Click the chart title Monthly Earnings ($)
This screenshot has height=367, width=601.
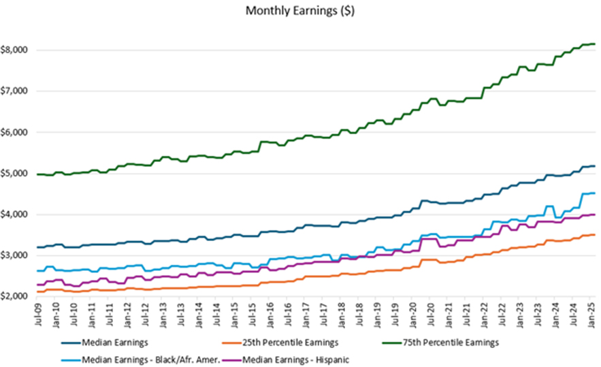click(x=300, y=11)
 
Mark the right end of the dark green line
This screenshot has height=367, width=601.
click(x=595, y=44)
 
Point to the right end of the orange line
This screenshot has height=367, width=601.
click(x=595, y=235)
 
